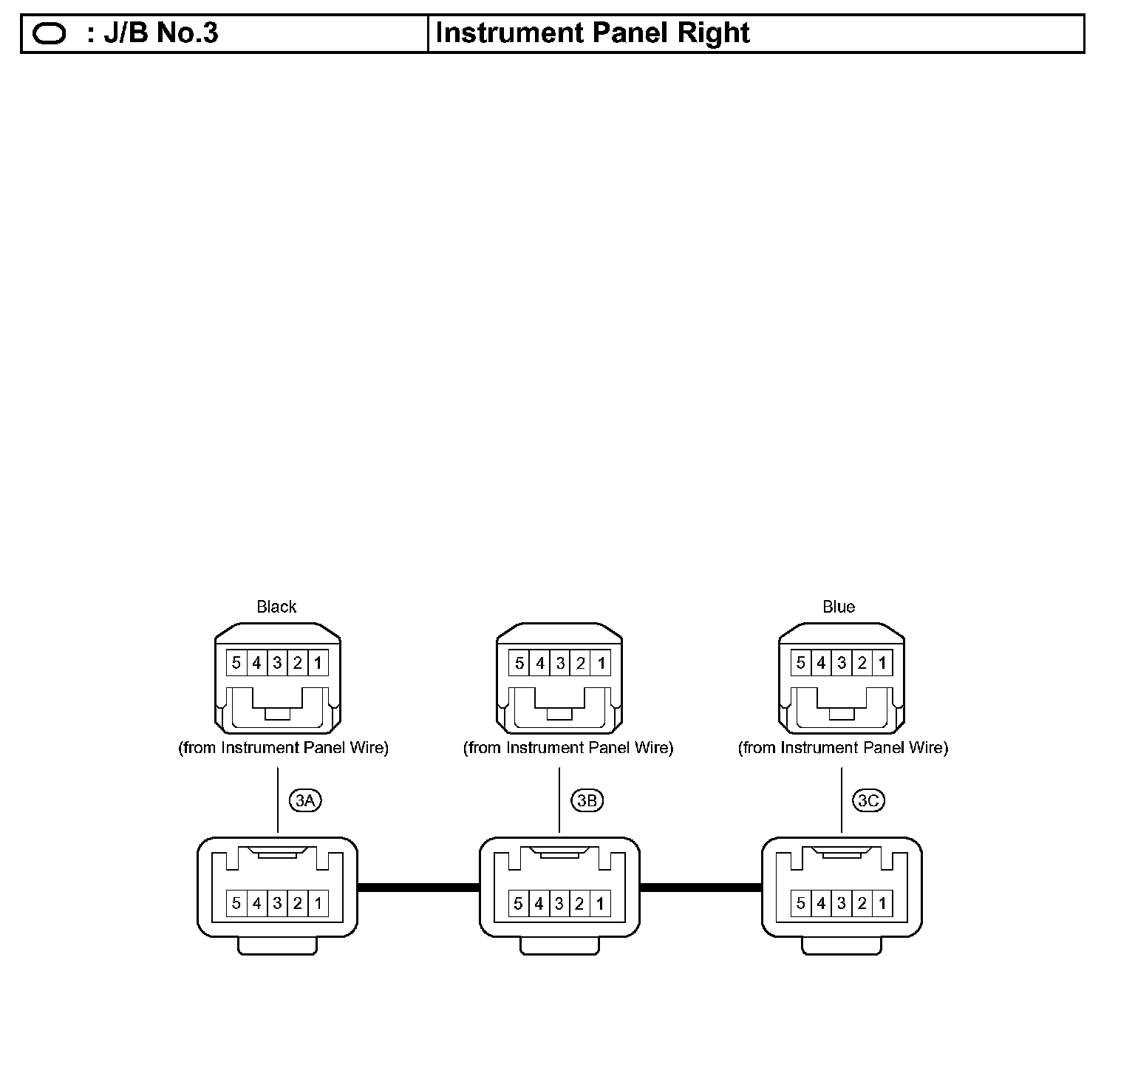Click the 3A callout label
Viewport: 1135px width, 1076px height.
tap(305, 800)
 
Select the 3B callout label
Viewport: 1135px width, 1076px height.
tap(587, 800)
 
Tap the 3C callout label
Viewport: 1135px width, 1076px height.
tap(869, 800)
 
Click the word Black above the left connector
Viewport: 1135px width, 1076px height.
tap(276, 607)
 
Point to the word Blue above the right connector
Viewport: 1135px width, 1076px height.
tap(839, 607)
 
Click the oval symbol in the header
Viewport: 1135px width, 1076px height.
tap(50, 34)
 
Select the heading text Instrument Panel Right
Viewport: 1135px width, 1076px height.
tap(593, 33)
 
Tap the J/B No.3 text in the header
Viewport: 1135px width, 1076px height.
tap(161, 33)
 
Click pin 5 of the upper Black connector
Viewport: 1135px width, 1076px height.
tap(236, 663)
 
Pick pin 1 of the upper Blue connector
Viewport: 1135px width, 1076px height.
tap(882, 663)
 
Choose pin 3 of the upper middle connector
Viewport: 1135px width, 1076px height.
tap(560, 663)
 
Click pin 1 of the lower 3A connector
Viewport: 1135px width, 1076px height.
tap(318, 903)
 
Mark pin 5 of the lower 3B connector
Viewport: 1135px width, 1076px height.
tap(519, 903)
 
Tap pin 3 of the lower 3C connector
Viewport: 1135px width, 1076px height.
tap(842, 903)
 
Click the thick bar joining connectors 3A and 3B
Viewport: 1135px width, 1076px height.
tap(418, 887)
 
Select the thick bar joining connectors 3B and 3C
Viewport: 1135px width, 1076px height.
tap(701, 887)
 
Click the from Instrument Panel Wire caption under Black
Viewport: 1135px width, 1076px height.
tap(283, 748)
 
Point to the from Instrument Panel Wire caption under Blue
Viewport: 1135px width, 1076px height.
tap(843, 748)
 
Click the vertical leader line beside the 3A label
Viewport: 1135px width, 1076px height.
tap(278, 800)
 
